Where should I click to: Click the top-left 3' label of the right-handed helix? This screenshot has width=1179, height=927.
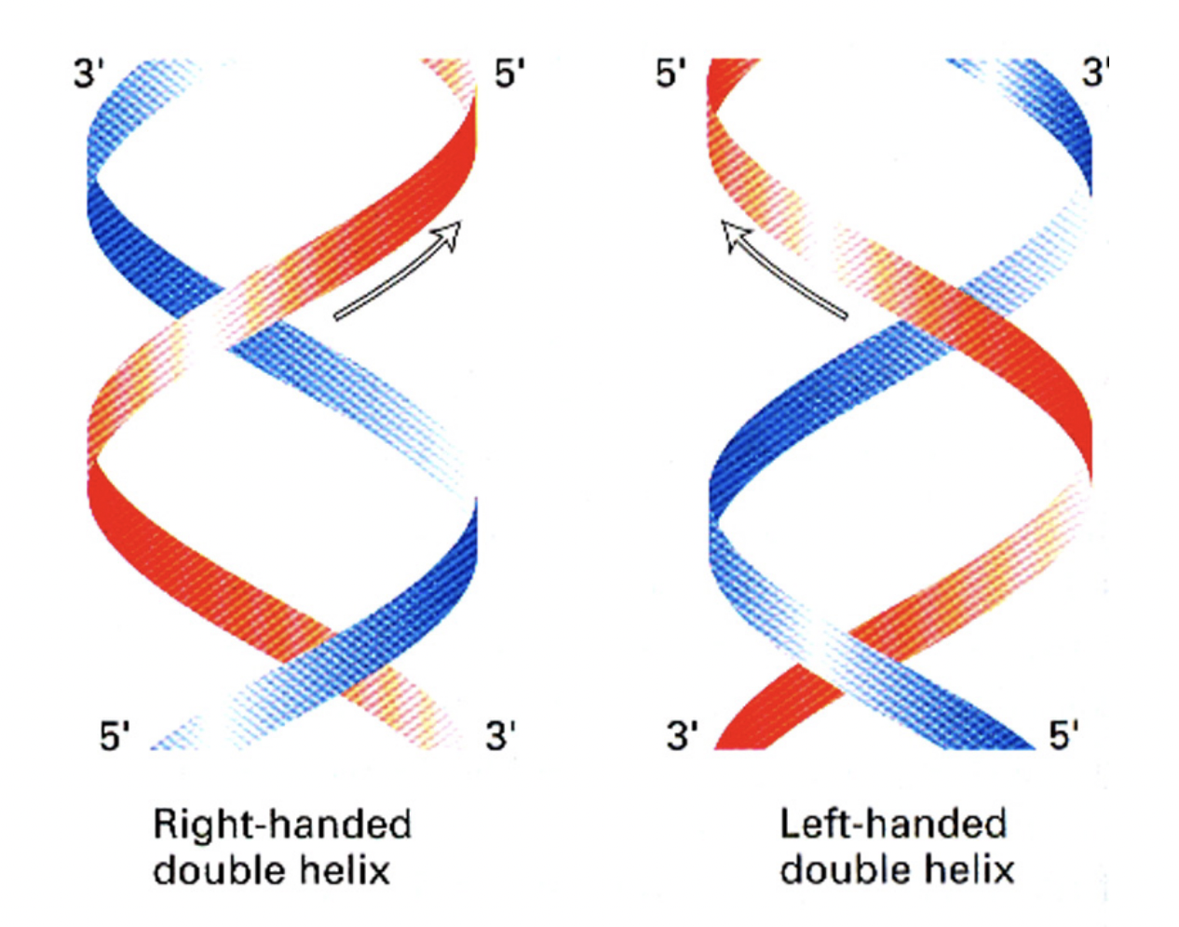[x=86, y=74]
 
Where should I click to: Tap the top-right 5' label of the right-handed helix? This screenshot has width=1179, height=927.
[x=508, y=74]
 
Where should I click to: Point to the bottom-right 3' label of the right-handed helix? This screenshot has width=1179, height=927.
[x=500, y=736]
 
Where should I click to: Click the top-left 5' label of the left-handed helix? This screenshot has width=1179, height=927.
[x=671, y=74]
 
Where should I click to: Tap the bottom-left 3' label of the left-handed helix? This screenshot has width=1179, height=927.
[x=682, y=736]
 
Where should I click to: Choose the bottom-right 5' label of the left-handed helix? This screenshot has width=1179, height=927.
[x=1064, y=736]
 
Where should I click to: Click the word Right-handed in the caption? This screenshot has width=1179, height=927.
[x=281, y=825]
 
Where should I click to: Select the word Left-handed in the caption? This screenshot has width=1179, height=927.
[x=893, y=825]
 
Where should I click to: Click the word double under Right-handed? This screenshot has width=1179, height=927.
[x=213, y=870]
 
